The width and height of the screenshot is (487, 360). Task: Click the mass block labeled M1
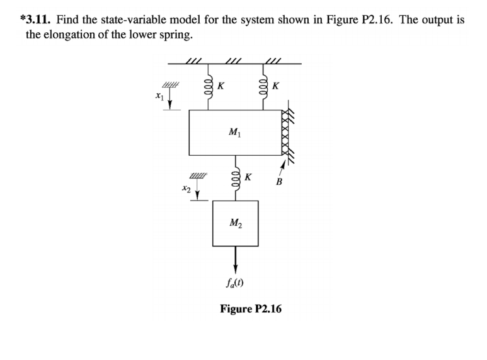point(236,132)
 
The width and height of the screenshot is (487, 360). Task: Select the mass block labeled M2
point(235,223)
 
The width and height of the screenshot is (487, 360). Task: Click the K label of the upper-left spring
point(221,84)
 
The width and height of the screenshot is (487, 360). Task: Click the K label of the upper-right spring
point(276,84)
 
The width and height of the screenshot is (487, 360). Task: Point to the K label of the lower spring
point(249,177)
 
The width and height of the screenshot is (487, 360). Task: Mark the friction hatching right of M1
point(289,132)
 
